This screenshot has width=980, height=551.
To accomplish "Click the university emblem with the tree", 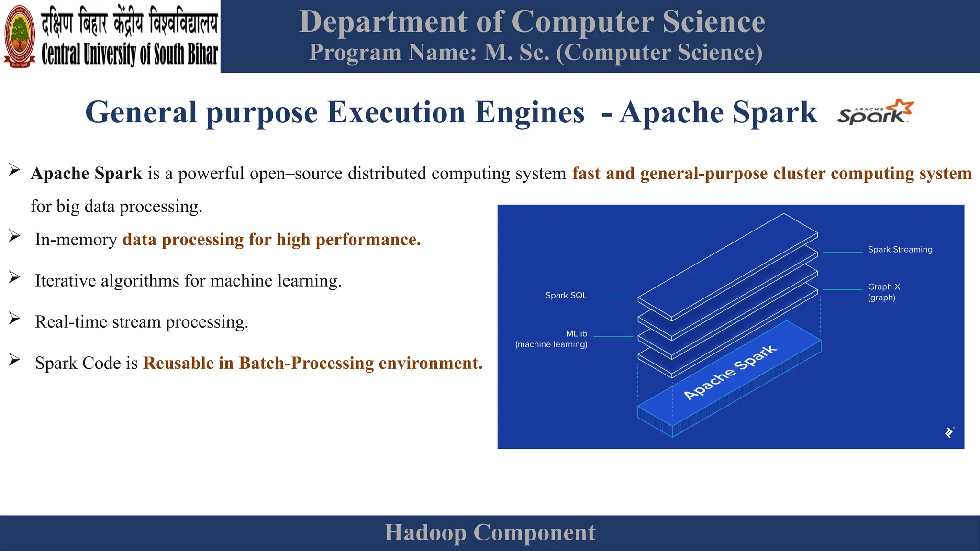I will (x=20, y=36).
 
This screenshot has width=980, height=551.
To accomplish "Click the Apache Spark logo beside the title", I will (x=875, y=112).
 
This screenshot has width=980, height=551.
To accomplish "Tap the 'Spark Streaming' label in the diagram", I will (x=900, y=250).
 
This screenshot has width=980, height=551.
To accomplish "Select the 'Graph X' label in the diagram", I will (x=884, y=287).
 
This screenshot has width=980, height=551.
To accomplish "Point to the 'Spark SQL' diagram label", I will (x=566, y=296).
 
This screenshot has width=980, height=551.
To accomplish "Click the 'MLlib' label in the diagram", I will (x=576, y=334).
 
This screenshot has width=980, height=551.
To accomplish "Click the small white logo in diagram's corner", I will (x=949, y=432).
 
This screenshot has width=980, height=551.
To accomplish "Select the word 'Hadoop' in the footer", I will (x=425, y=533).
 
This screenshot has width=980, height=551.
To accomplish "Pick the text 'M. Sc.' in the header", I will (x=517, y=53).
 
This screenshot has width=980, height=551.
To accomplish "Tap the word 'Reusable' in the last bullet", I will (x=178, y=363).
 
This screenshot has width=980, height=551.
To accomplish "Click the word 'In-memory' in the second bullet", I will (x=76, y=240).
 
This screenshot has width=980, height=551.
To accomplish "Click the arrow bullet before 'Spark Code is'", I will (x=14, y=360).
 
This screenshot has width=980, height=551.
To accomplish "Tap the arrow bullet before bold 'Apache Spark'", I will (x=14, y=170).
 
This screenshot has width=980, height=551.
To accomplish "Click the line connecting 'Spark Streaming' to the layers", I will (x=842, y=252).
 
